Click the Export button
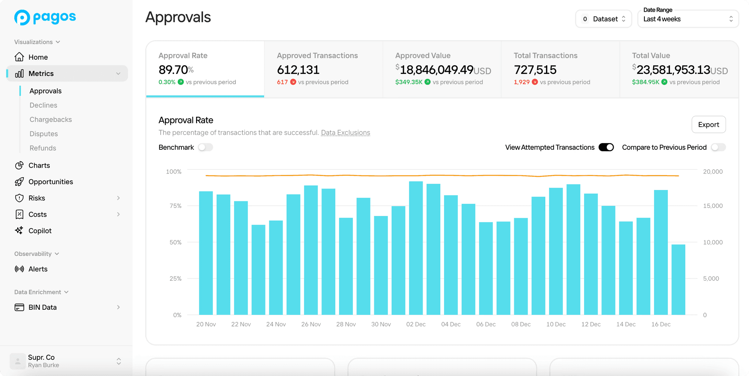[708, 124]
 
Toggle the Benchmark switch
[205, 147]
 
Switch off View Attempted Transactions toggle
[606, 147]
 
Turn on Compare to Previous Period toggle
[718, 147]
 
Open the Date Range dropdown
[688, 19]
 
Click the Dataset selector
[603, 19]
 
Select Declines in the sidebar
[43, 105]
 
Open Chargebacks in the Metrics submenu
[50, 119]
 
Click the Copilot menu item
[40, 231]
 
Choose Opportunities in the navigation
[50, 182]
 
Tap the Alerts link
[38, 269]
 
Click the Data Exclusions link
[345, 133]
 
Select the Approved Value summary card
[442, 69]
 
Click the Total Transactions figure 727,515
[535, 70]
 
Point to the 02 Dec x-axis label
[416, 324]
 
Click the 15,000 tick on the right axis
[712, 206]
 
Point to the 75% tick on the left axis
[176, 206]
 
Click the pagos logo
[45, 17]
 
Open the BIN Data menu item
[42, 307]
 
